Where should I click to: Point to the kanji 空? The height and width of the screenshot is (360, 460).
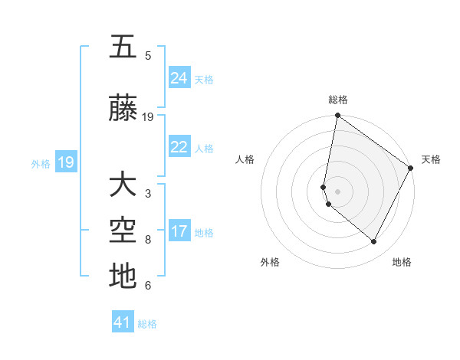(x=123, y=231)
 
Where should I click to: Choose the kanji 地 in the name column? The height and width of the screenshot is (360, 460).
(x=123, y=277)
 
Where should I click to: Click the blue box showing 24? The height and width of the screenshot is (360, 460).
(x=179, y=77)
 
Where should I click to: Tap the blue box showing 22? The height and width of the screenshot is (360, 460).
(x=179, y=147)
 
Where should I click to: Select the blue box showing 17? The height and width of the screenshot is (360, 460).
(x=179, y=231)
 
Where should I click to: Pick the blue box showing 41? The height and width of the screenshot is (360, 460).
(x=123, y=322)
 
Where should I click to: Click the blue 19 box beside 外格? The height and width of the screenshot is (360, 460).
(x=66, y=162)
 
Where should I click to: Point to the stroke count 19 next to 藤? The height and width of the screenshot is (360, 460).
(x=148, y=117)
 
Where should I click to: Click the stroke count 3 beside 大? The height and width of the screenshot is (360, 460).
(x=148, y=194)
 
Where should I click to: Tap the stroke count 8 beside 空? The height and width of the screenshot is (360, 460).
(x=148, y=240)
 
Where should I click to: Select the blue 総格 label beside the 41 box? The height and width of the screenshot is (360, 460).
(x=147, y=324)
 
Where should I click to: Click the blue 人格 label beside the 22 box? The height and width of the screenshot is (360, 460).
(x=204, y=149)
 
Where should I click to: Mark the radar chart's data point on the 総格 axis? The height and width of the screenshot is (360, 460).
(x=337, y=116)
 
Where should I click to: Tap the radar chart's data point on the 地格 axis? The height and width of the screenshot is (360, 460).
(x=374, y=242)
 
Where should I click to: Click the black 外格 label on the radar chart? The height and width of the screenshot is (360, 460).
(x=270, y=262)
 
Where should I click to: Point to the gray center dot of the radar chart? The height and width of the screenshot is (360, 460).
(x=337, y=191)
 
